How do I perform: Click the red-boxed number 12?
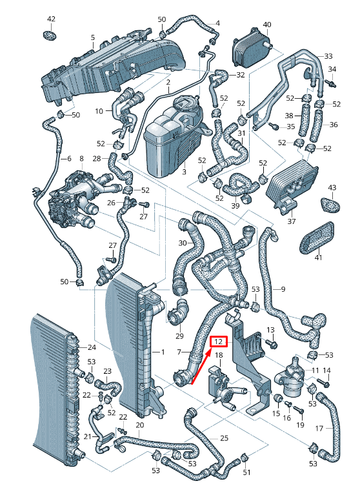pos(219,342)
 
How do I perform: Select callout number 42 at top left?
pos(51,19)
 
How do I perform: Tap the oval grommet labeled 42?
pos(49,35)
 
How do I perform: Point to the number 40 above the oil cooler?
pos(267,25)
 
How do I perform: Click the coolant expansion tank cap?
pos(186,103)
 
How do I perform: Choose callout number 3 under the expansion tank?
pos(185,172)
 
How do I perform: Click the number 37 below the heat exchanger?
pos(292,221)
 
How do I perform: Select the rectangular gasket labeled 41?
pos(317,238)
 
